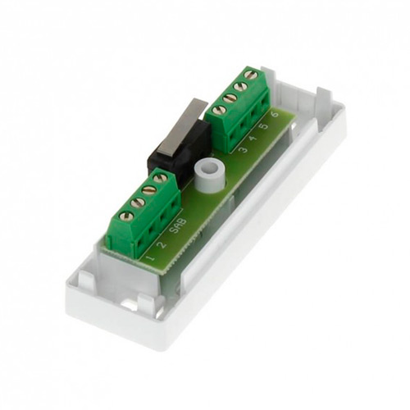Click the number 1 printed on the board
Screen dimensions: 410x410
151,257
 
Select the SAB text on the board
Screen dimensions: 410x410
178,225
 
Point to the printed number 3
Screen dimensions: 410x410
243,149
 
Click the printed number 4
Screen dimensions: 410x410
253,138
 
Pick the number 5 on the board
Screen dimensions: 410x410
264,126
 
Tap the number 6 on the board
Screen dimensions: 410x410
275,114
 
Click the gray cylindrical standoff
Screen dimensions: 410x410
209,174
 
